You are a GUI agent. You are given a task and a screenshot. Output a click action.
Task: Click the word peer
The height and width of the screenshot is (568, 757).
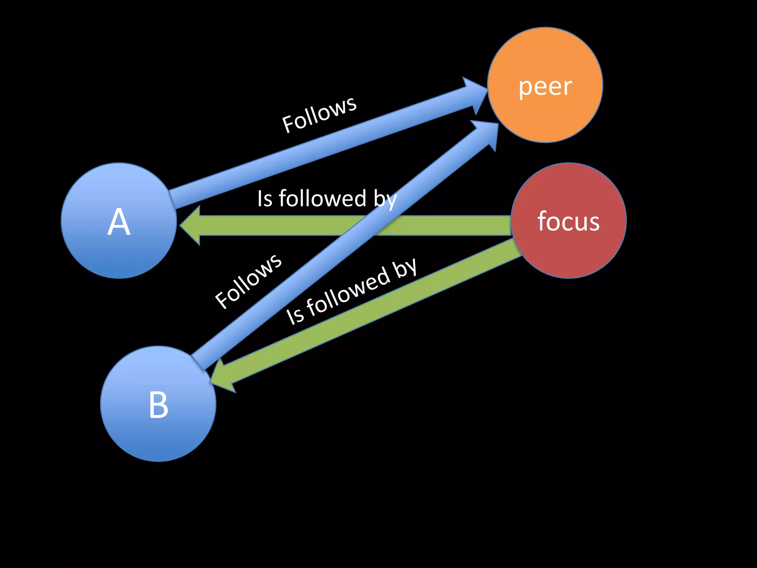(x=545, y=87)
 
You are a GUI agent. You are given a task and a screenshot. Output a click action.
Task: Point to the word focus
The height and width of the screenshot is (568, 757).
(x=568, y=222)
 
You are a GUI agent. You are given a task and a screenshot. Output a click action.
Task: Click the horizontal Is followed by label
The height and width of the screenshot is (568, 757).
(x=327, y=199)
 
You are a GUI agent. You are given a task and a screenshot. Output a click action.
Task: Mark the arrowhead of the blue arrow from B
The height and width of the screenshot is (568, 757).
(x=486, y=133)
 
